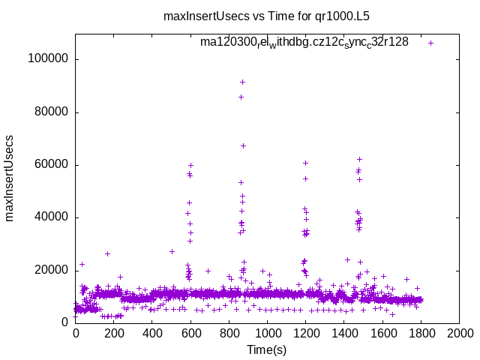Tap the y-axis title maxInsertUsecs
pos(10,178)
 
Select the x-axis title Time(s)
pos(267,349)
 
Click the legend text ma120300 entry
pos(304,42)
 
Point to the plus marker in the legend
pos(430,43)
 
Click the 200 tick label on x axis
pos(113,332)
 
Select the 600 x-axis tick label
pos(190,332)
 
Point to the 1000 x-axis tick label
pos(267,332)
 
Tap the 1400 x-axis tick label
pos(344,332)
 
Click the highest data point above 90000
pos(242,82)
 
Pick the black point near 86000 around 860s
pos(241,97)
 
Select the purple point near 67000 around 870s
pos(243,145)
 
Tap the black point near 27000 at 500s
pos(172,251)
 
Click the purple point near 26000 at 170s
pos(108,253)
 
